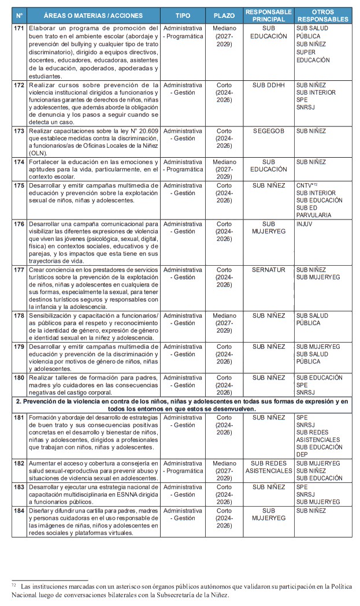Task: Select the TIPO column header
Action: [x=183, y=15]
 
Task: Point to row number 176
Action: [x=18, y=224]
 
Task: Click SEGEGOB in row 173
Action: [x=268, y=131]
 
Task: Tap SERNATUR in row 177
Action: [x=268, y=270]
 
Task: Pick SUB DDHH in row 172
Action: [x=268, y=85]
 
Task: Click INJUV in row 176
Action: [x=304, y=224]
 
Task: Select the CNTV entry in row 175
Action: [x=305, y=185]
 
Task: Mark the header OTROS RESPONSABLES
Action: [x=322, y=15]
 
